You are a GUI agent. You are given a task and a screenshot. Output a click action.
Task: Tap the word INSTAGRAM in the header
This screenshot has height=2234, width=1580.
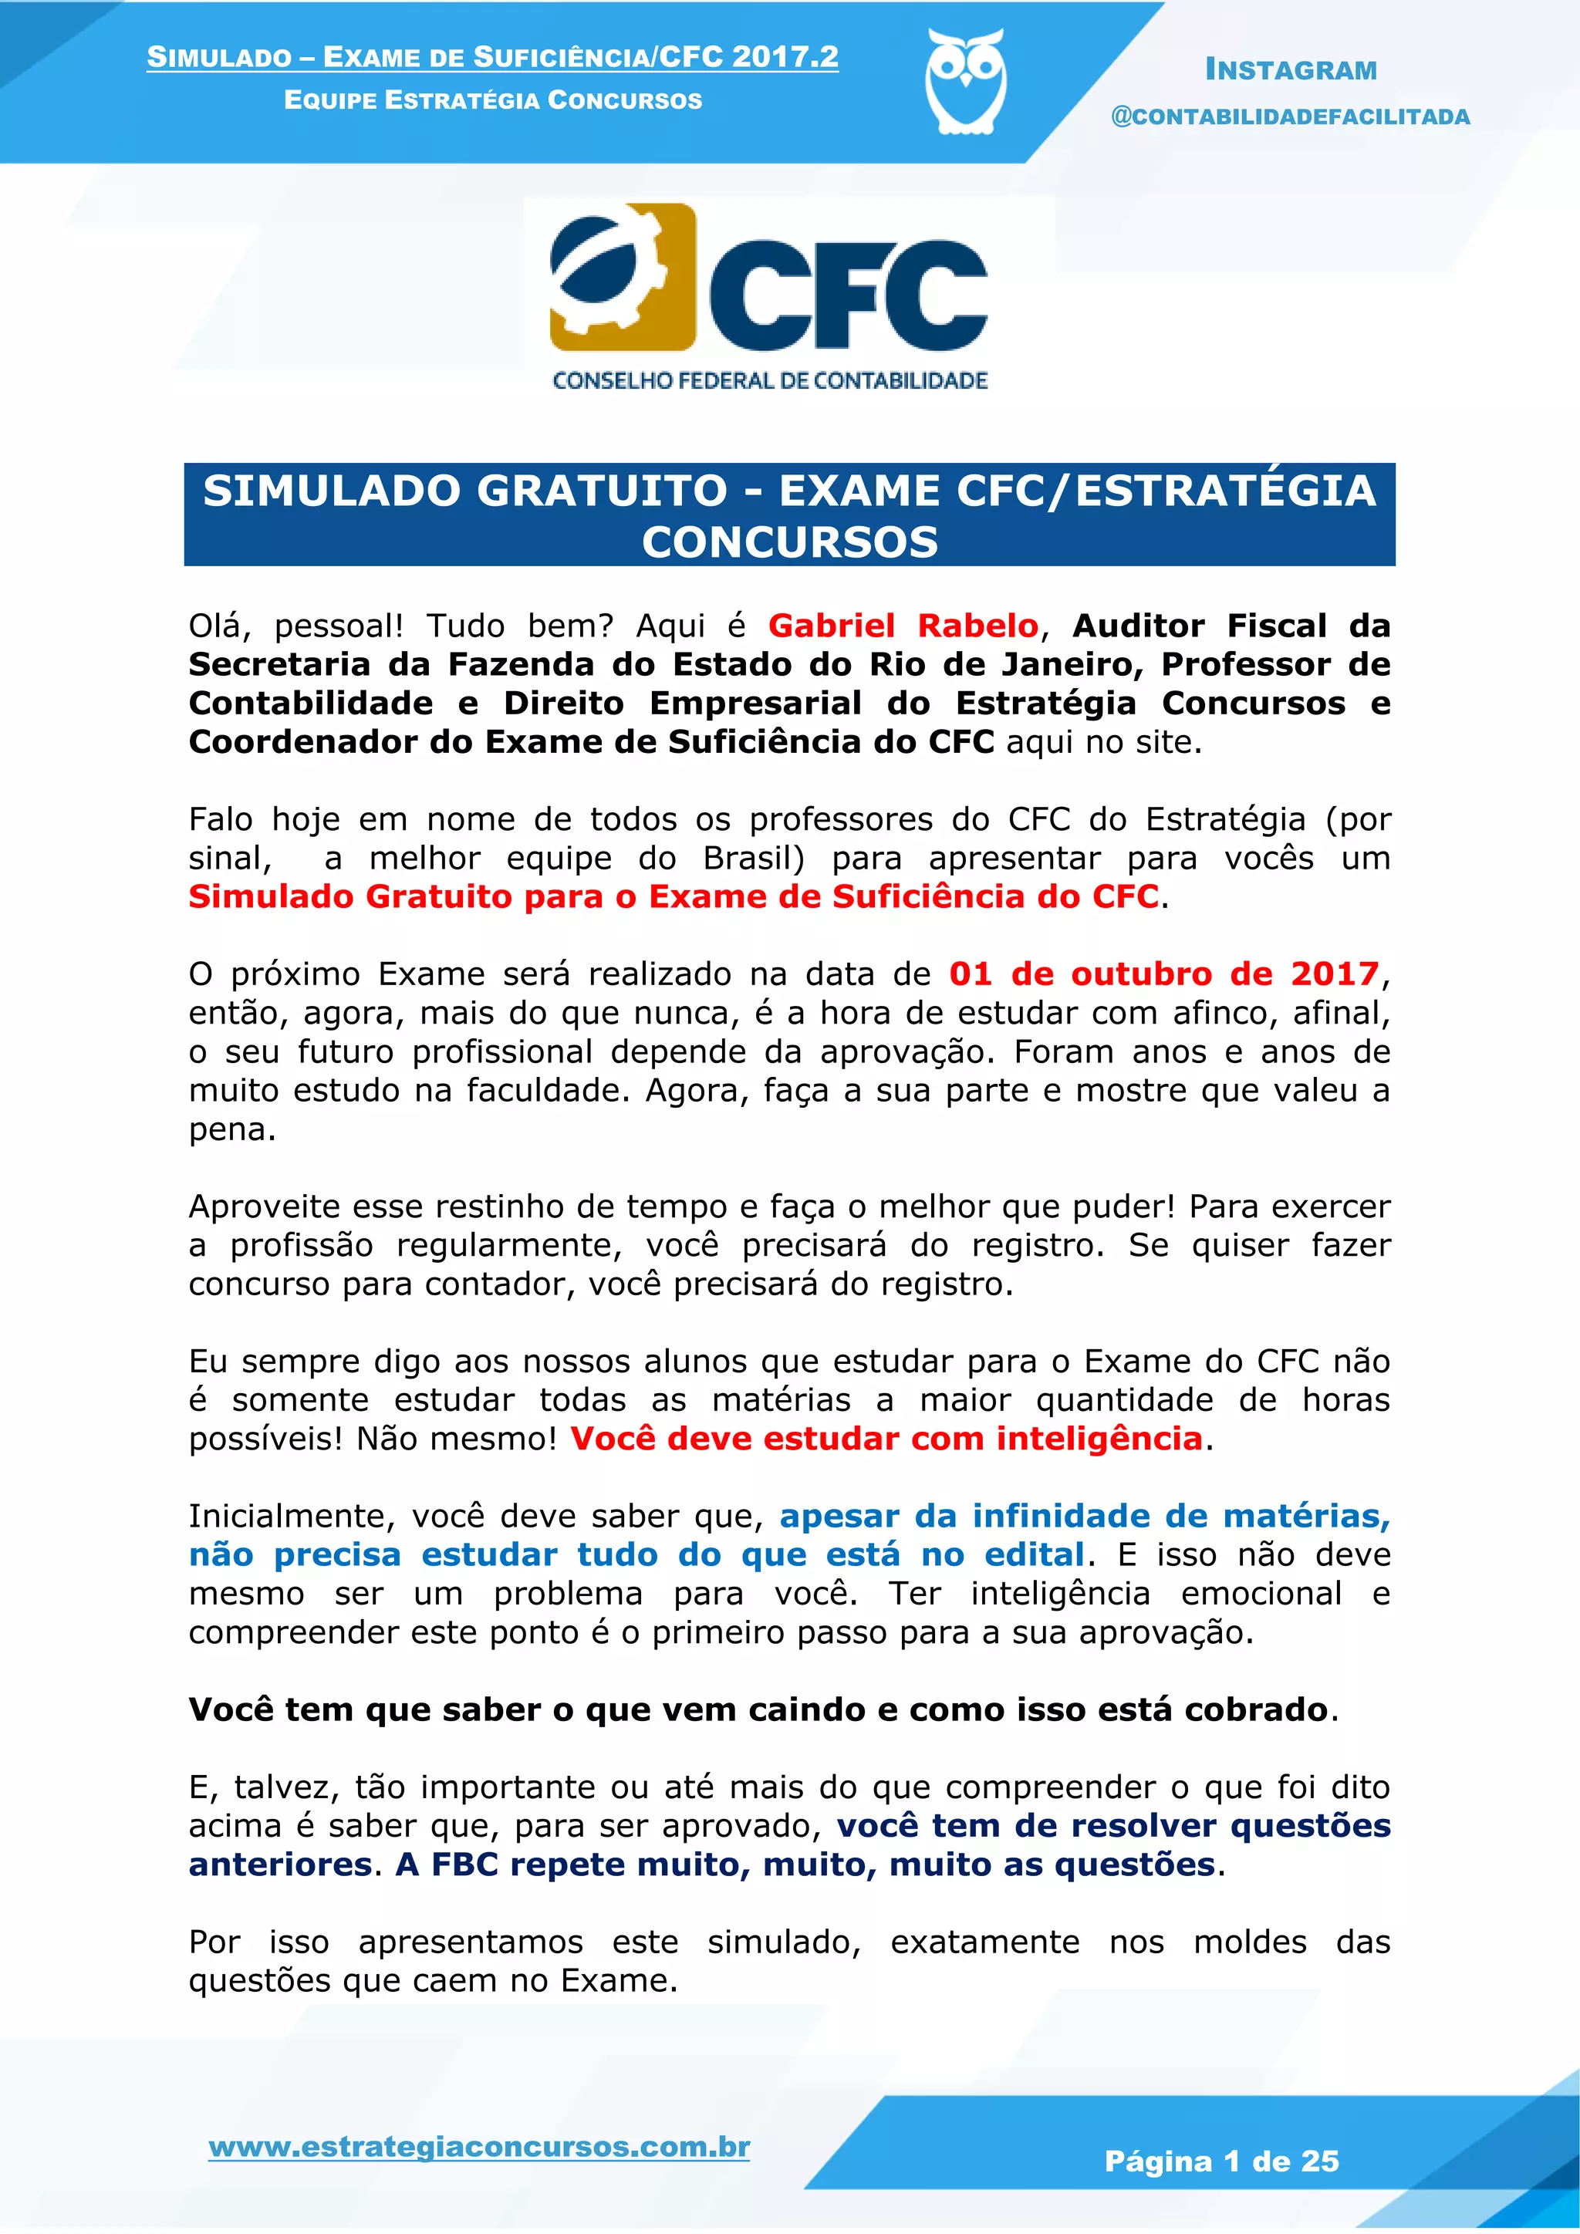point(1290,70)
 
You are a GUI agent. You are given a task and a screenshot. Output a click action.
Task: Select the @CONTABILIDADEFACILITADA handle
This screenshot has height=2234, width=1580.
point(1290,116)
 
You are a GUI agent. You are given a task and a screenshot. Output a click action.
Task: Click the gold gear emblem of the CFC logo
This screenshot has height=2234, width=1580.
point(623,277)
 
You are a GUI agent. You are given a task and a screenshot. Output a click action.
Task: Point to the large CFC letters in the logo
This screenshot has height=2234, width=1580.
point(849,294)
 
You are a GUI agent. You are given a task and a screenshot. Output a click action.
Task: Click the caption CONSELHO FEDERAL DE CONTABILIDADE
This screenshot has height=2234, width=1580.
point(770,380)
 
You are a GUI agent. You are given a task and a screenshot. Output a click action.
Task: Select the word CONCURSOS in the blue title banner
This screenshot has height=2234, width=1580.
point(789,542)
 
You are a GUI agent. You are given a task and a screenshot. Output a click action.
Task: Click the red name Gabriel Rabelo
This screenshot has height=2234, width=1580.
point(903,626)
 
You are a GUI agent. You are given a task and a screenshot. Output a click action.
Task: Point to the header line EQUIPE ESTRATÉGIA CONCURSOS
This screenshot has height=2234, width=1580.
point(492,100)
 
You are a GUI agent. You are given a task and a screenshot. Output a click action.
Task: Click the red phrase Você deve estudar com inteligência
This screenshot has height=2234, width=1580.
point(886,1438)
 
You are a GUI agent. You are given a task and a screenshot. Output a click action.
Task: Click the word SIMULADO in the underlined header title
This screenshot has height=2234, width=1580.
point(219,57)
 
